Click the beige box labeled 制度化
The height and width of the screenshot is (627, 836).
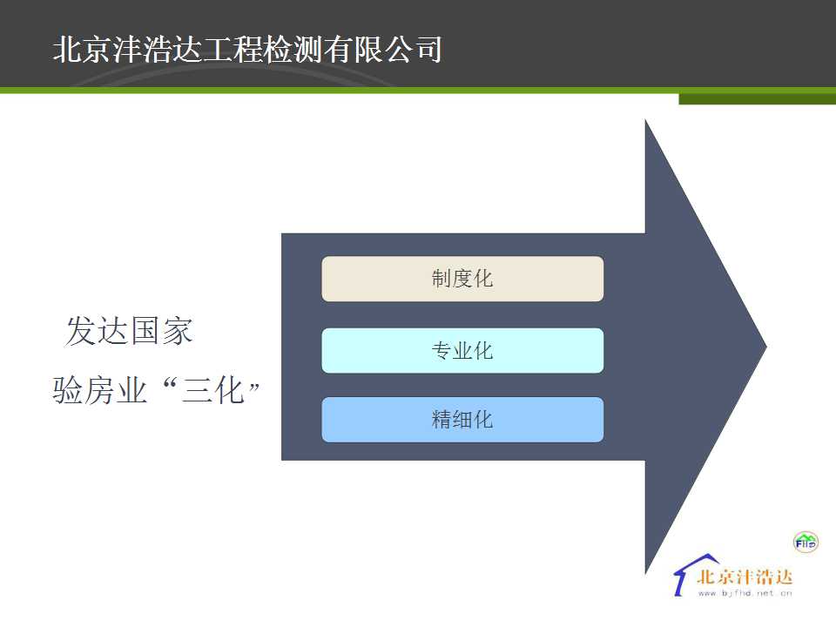pos(462,279)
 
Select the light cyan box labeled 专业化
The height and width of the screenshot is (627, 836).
pos(462,350)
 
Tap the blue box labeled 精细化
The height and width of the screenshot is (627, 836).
pos(462,420)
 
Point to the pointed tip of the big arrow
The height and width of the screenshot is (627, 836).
pos(766,347)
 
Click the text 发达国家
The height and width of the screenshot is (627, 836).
pos(129,331)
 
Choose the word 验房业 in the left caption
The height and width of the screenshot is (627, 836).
pos(99,390)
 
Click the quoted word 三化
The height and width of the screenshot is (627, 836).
pos(213,390)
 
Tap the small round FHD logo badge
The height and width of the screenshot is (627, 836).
pos(805,543)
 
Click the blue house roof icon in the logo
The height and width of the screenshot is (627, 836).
pos(693,571)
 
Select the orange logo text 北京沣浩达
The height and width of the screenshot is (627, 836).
pos(745,576)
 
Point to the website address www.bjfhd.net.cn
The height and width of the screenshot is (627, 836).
pos(745,593)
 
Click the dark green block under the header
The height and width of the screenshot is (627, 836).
pos(757,98)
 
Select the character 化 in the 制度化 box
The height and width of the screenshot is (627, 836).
pos(483,279)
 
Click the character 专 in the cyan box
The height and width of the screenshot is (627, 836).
pos(442,351)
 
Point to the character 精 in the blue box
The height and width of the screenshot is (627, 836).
pos(442,420)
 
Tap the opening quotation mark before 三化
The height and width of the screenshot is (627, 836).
pos(170,382)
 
